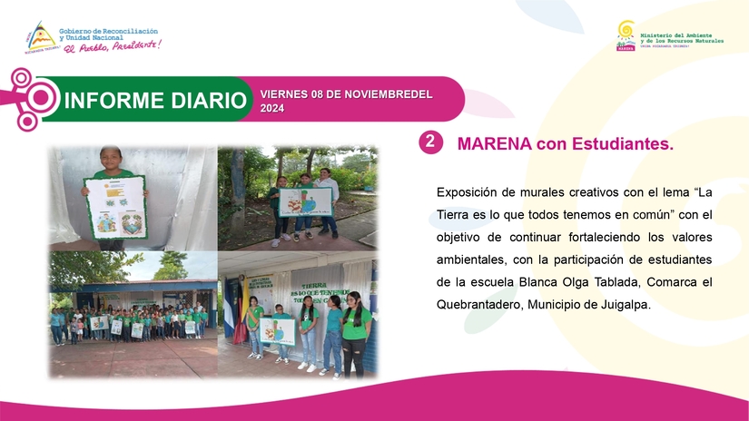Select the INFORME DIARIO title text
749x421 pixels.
[x=155, y=100]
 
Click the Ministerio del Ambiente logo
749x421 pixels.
[x=626, y=36]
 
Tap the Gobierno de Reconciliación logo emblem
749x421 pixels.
[x=39, y=36]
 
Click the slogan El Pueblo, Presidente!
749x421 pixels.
[x=111, y=45]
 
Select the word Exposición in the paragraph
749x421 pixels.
[x=467, y=191]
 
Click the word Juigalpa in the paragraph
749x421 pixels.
[x=621, y=305]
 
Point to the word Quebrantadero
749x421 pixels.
[x=479, y=305]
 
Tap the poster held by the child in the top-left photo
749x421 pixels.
[x=115, y=209]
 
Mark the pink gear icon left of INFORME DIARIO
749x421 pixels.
[x=36, y=98]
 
